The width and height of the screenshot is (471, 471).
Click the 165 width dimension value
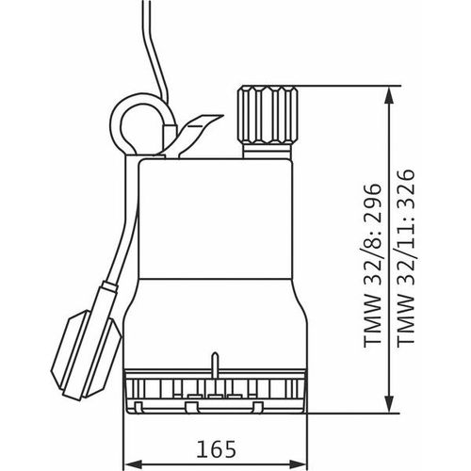tap(216, 449)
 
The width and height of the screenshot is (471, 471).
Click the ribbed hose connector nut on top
tap(268, 115)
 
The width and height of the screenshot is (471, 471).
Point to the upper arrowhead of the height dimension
tap(389, 95)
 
